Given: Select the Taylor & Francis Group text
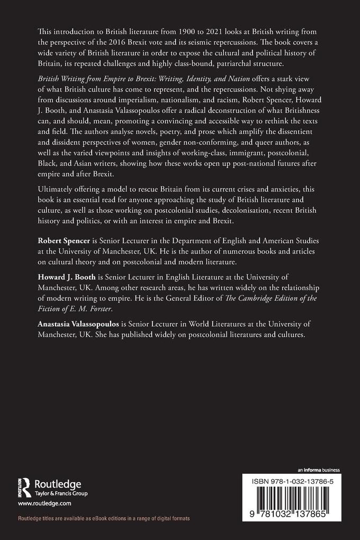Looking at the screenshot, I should pyautogui.click(x=60, y=493).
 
